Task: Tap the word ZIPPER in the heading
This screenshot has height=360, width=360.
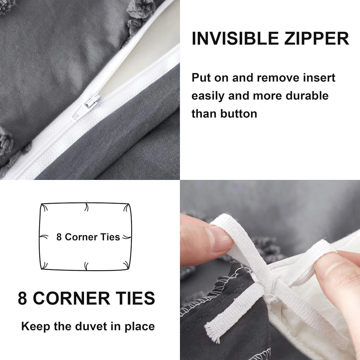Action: coord(317,38)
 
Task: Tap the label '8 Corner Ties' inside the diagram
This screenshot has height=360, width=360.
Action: coord(88,237)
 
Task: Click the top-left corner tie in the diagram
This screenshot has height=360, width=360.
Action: coord(44,207)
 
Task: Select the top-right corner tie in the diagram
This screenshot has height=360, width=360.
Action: coord(126,207)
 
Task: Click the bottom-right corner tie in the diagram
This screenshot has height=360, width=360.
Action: coord(126,265)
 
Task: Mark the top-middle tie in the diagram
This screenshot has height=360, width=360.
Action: coord(86,207)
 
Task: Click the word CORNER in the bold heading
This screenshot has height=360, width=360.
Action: coord(71,298)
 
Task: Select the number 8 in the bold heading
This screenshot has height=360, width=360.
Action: coord(22,298)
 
